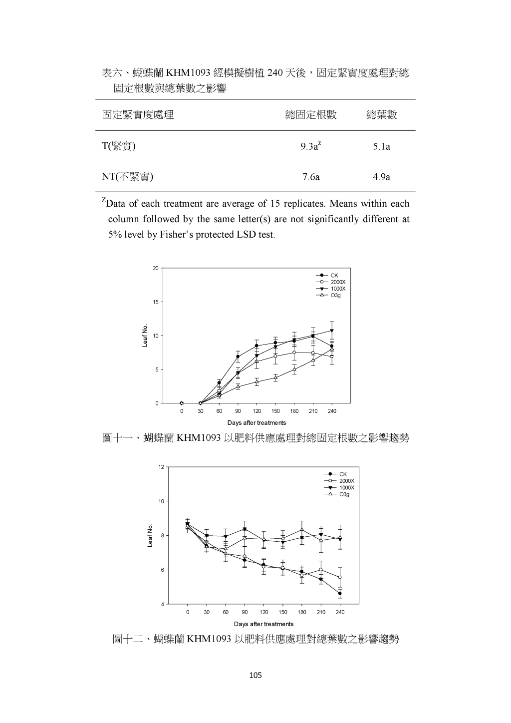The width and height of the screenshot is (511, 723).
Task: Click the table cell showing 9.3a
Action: (310, 146)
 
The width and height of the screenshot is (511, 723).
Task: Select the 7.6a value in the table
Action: (311, 177)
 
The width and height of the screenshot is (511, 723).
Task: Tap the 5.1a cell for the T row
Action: (382, 146)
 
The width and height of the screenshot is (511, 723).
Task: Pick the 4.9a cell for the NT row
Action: (382, 177)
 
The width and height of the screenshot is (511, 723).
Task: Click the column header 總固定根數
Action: (311, 115)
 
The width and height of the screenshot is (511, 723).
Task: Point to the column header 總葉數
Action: (382, 115)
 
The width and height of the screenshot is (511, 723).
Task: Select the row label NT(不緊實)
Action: (128, 177)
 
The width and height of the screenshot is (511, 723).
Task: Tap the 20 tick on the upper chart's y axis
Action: (156, 268)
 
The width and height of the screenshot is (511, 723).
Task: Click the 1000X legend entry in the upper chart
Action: (338, 289)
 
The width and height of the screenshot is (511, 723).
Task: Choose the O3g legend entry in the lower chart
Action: (344, 494)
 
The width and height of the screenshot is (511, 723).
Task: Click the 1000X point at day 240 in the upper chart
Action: (332, 331)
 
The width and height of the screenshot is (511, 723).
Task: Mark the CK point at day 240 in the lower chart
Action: (340, 594)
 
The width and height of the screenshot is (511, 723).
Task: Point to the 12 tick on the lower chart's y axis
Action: (161, 467)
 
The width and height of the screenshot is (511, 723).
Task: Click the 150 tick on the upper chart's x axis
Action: (275, 411)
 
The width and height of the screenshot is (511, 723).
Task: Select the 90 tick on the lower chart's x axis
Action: (245, 612)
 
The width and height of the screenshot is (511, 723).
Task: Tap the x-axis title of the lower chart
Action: (263, 624)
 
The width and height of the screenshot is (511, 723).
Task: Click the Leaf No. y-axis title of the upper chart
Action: (145, 335)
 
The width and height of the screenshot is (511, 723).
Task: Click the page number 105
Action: (255, 676)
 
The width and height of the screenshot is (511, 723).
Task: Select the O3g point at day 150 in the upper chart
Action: (275, 377)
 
